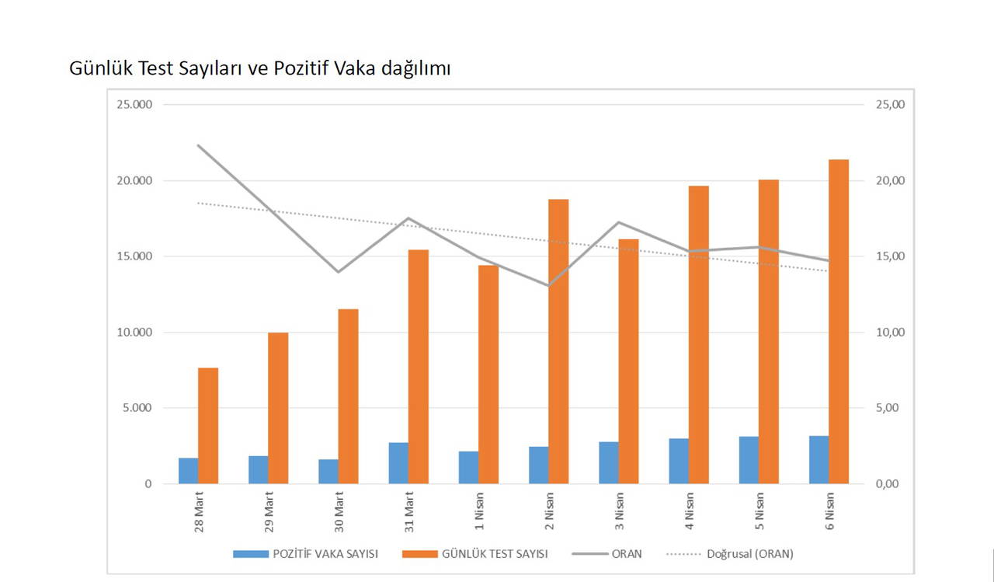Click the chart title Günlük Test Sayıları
pos(259,68)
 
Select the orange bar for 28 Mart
pos(208,426)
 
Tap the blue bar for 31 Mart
pos(398,463)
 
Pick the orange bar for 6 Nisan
pos(839,322)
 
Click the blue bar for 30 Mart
pos(328,472)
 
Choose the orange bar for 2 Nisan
pos(558,342)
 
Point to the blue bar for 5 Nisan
pos(749,460)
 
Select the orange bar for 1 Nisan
pos(488,375)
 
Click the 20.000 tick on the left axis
pos(134,181)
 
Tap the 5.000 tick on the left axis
pos(137,408)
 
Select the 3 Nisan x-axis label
pos(619,512)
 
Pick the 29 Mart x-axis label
pos(269,514)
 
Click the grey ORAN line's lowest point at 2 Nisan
pos(548,285)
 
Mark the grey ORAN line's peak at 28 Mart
pos(199,145)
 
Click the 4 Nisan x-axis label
pos(689,512)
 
